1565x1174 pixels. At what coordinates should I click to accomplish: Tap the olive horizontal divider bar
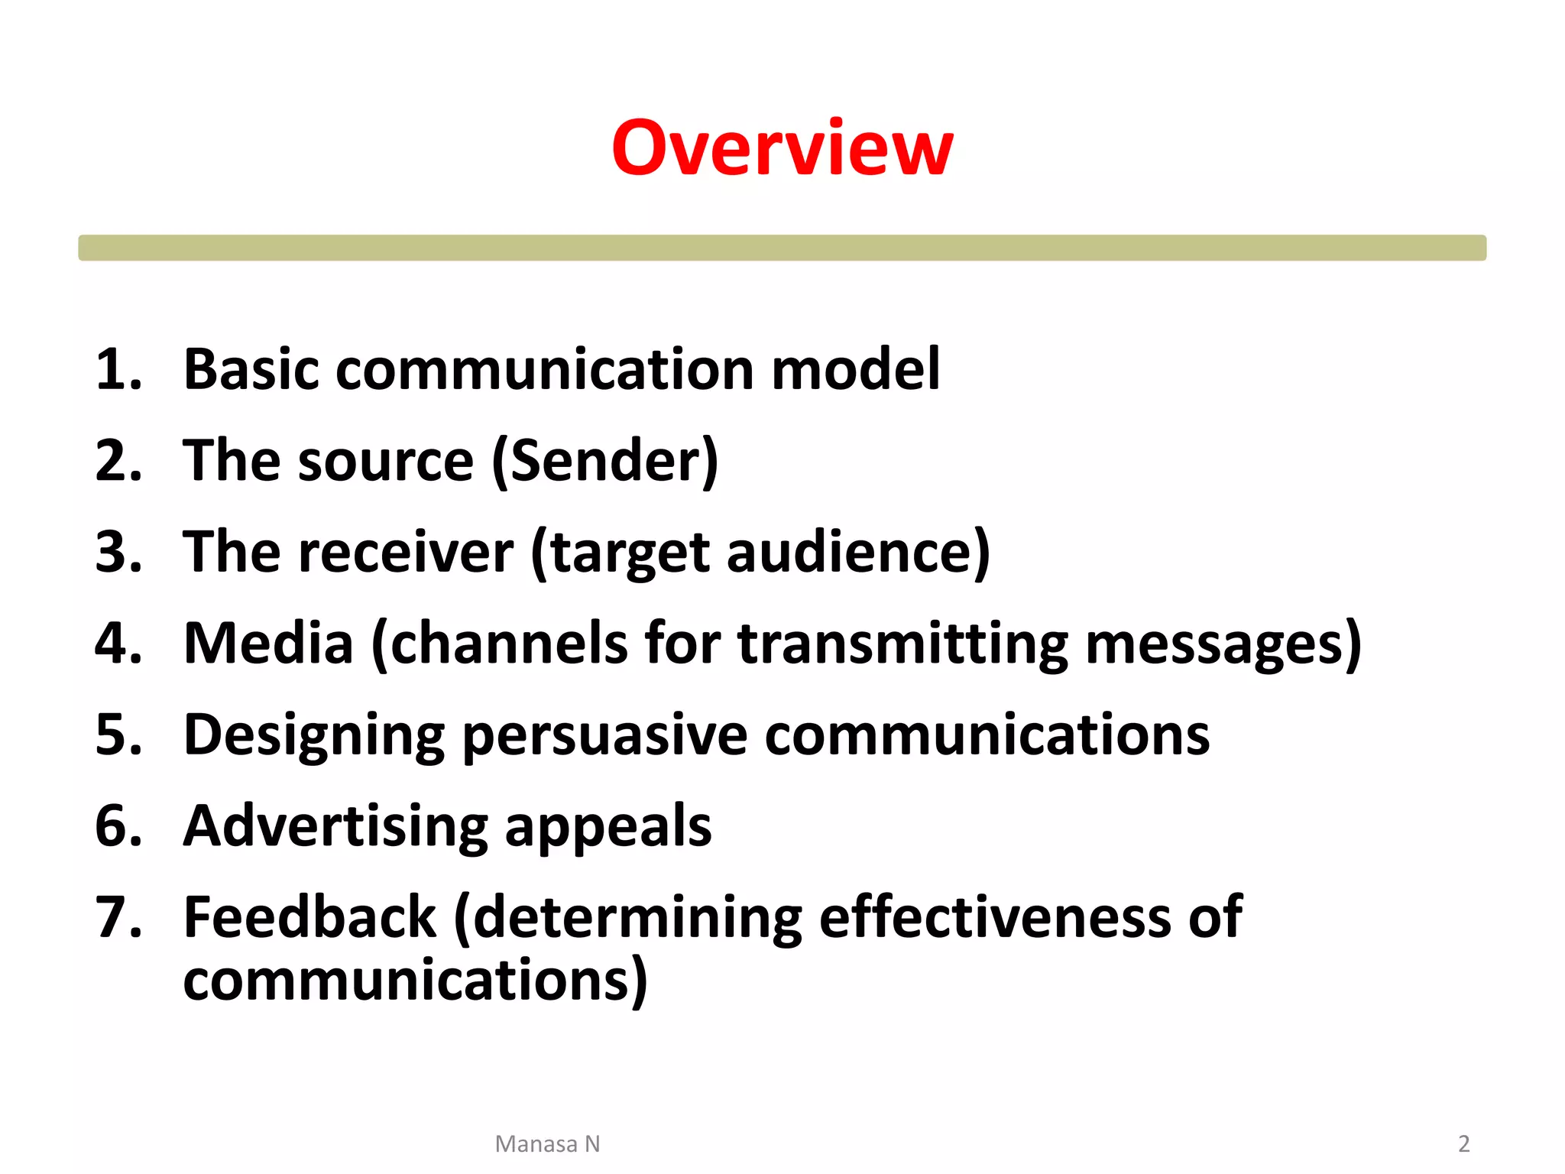pyautogui.click(x=782, y=248)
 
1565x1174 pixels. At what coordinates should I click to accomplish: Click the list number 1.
pyautogui.click(x=118, y=370)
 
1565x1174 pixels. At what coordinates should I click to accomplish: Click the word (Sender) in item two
pyautogui.click(x=604, y=462)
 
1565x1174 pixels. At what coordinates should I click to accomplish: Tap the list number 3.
pyautogui.click(x=118, y=552)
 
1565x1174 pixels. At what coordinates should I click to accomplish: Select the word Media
pyautogui.click(x=268, y=644)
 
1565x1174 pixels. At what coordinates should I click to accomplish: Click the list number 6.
pyautogui.click(x=118, y=827)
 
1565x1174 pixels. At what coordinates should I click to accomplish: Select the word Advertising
pyautogui.click(x=335, y=827)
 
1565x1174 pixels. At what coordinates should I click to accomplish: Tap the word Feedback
pyautogui.click(x=309, y=917)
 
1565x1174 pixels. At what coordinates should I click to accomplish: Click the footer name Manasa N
pyautogui.click(x=547, y=1144)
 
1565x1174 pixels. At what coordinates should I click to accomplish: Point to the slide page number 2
pyautogui.click(x=1463, y=1144)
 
